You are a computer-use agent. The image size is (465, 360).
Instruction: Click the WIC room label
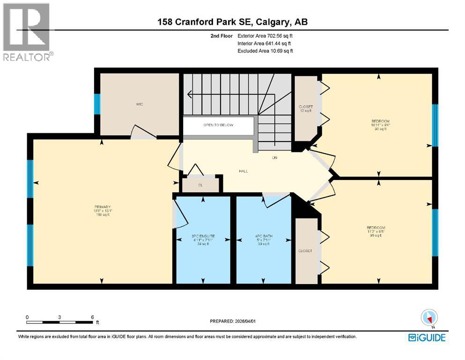click(x=140, y=104)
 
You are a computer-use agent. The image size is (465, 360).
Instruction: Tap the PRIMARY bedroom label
click(x=102, y=207)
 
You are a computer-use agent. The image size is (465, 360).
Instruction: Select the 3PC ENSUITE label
click(x=203, y=237)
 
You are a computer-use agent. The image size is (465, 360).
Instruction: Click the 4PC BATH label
click(x=264, y=237)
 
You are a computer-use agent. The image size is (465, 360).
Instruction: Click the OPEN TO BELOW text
click(x=218, y=125)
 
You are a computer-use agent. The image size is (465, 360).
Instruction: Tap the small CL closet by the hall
click(x=200, y=185)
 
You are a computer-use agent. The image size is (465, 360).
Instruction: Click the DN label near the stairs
click(x=275, y=158)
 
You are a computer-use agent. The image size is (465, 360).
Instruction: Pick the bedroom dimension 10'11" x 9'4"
click(x=377, y=125)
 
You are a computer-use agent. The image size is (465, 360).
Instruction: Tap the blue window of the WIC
click(x=97, y=104)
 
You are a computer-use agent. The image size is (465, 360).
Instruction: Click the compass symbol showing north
click(x=428, y=317)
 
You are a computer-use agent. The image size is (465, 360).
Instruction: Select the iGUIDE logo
click(x=427, y=337)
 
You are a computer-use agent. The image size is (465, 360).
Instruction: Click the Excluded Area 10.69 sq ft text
click(x=265, y=51)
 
